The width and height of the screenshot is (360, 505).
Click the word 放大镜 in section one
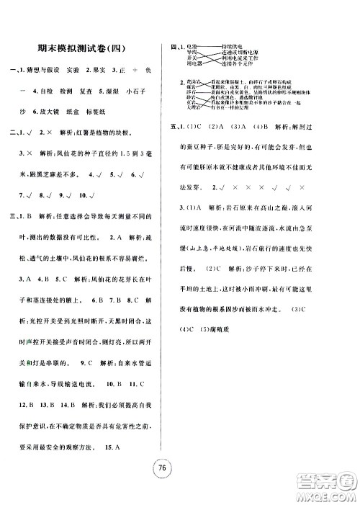click(44, 132)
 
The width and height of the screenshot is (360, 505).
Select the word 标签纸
click(102, 132)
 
